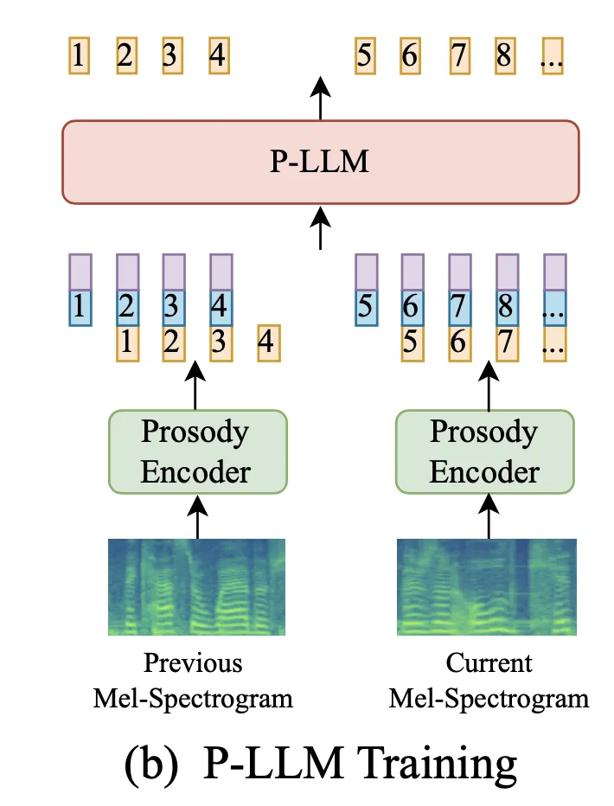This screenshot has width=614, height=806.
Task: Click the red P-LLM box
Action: coord(320,162)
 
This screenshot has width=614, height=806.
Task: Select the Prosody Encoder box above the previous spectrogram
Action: coord(196,451)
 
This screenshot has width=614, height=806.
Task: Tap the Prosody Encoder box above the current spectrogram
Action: coord(484,451)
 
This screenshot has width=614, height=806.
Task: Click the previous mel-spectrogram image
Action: coord(197,586)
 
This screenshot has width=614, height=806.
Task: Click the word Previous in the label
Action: coord(193,663)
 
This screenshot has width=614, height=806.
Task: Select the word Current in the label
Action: coord(489,663)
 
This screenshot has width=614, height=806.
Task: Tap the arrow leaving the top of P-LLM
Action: coord(321,97)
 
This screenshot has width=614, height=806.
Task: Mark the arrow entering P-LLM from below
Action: coord(321,226)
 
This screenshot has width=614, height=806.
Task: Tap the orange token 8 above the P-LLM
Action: coord(505,57)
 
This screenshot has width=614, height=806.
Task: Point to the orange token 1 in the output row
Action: coord(79,57)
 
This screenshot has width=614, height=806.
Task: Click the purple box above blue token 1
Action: coord(80,272)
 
